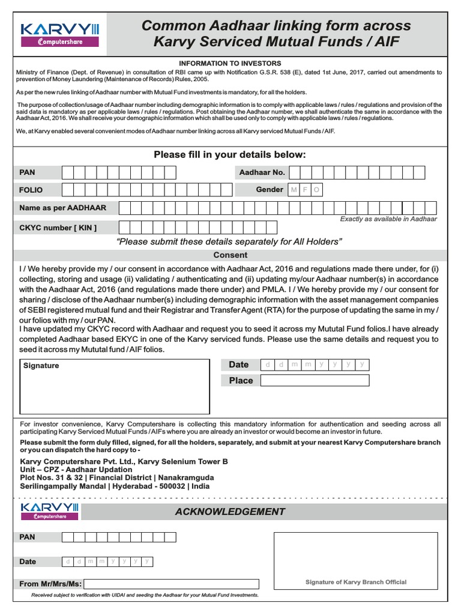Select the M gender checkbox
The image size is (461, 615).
click(294, 190)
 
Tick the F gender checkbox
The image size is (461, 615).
click(306, 190)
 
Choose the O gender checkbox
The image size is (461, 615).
click(316, 190)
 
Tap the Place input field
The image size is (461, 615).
click(315, 380)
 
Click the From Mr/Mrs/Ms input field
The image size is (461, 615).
click(171, 584)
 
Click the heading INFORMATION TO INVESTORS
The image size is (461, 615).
click(230, 63)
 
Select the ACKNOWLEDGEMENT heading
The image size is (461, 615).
click(230, 512)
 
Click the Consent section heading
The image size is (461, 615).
click(230, 255)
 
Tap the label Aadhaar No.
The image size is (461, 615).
click(262, 172)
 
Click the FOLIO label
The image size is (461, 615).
click(31, 190)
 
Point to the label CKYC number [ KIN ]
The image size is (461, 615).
click(58, 228)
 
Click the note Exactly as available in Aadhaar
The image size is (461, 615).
click(388, 219)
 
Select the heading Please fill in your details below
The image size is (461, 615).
click(230, 154)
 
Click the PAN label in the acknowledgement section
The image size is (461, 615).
click(28, 537)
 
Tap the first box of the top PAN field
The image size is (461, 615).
click(68, 173)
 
